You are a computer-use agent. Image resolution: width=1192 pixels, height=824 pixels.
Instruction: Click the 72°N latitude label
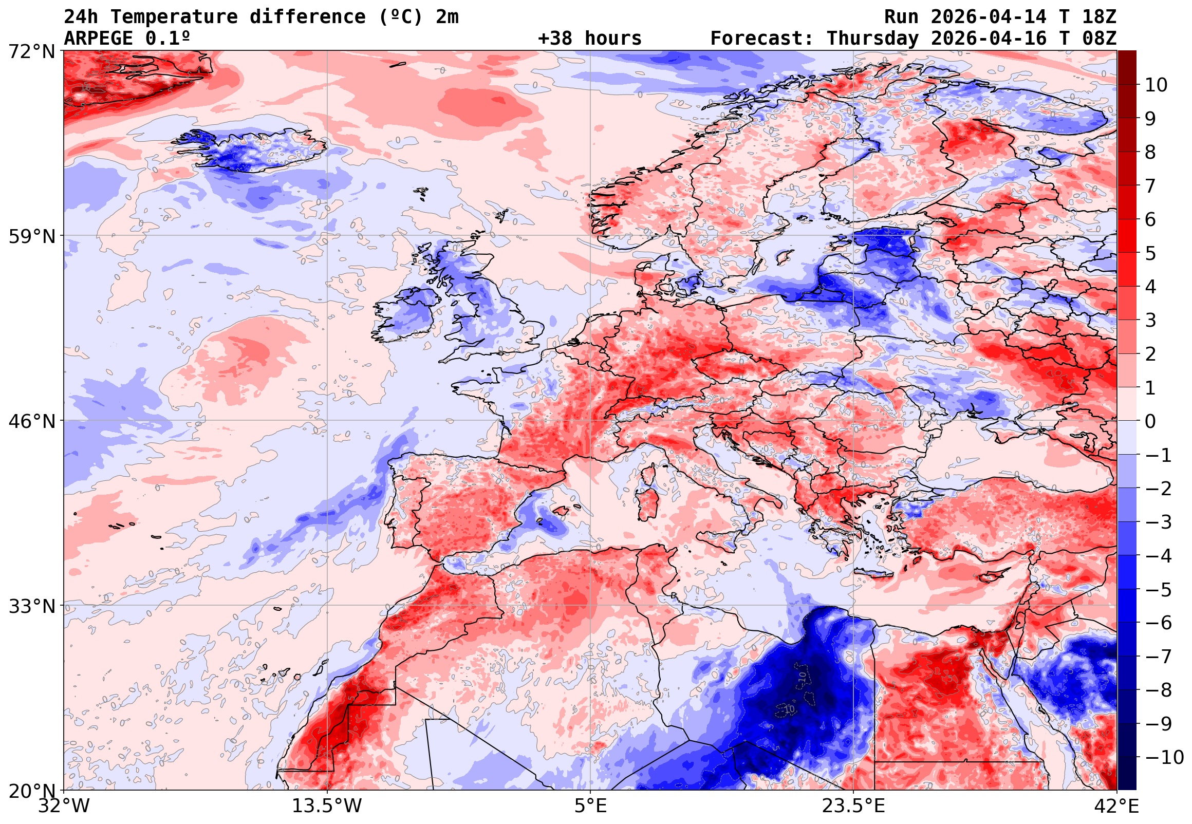pos(31,52)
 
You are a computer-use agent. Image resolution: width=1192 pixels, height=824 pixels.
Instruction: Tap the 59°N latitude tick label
pos(31,236)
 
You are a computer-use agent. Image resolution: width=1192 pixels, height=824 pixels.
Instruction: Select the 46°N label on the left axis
pos(31,421)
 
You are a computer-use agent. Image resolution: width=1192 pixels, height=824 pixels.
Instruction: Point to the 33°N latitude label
pos(31,606)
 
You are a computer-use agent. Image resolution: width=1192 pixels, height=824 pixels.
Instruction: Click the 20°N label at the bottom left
pos(31,791)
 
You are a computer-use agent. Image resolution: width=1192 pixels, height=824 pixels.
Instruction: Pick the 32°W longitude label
pos(64,806)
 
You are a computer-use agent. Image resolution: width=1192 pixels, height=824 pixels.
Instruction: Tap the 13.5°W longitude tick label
pos(327,806)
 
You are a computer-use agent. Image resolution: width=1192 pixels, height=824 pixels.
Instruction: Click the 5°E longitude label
pos(590,806)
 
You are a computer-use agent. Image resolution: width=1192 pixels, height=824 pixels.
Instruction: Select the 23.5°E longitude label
pos(853,806)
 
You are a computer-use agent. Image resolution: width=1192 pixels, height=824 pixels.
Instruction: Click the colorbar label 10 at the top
pos(1156,85)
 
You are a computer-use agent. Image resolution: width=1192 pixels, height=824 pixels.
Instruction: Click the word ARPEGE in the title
pos(99,39)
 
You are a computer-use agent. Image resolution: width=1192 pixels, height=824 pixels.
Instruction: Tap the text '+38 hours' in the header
pos(589,39)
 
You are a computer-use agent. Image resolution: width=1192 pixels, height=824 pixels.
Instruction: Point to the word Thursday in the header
pos(872,39)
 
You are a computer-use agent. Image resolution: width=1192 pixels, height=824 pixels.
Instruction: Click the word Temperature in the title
pos(174,17)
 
